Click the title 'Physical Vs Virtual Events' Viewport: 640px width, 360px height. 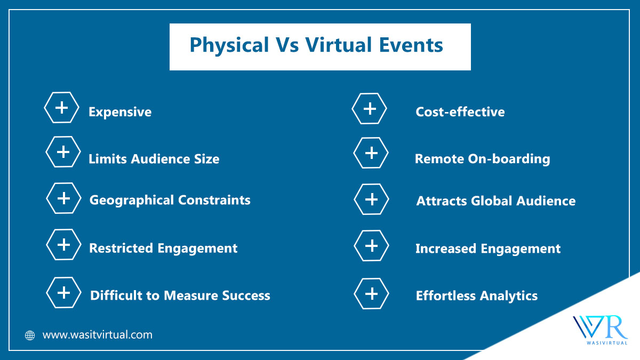316,45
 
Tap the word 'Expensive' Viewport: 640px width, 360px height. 120,112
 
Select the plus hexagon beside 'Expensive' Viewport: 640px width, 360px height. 62,108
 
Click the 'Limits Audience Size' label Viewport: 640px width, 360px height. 154,158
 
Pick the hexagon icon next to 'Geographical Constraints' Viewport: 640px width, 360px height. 64,198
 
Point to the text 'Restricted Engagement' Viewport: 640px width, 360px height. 163,248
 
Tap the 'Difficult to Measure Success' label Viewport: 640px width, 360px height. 180,295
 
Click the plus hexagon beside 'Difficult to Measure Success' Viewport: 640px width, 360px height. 64,292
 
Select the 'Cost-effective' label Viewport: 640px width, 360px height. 460,112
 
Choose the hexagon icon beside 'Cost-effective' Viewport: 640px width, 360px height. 370,109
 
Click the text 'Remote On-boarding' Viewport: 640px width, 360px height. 483,158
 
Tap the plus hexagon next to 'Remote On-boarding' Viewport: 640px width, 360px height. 371,153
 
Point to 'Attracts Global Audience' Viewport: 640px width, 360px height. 496,201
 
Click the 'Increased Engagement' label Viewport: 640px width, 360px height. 488,249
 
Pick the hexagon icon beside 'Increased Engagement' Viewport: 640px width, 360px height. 372,246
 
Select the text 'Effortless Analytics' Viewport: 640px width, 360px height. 477,295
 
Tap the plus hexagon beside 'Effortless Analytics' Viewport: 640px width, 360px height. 372,293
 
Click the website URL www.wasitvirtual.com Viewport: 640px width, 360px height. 98,335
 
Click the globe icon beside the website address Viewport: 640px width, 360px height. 30,335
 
